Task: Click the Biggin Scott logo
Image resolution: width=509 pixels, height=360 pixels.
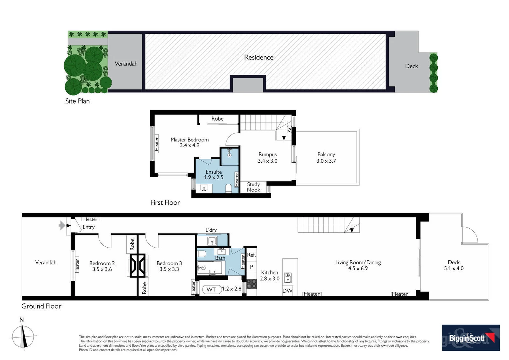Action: pyautogui.click(x=470, y=338)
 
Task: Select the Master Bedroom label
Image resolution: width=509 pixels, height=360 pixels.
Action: pyautogui.click(x=190, y=140)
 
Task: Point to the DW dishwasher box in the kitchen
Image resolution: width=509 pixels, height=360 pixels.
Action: pyautogui.click(x=287, y=291)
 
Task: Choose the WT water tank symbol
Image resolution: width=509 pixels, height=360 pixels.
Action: pyautogui.click(x=211, y=289)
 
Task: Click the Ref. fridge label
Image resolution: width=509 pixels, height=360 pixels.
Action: pyautogui.click(x=251, y=255)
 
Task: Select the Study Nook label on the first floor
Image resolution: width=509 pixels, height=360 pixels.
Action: pyautogui.click(x=254, y=187)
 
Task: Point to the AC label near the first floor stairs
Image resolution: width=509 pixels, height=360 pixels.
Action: pyautogui.click(x=289, y=128)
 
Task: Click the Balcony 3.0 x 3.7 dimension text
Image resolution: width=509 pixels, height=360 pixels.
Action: pyautogui.click(x=326, y=161)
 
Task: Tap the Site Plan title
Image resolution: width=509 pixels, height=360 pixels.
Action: pyautogui.click(x=77, y=101)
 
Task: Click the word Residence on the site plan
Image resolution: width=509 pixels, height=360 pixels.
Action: pyautogui.click(x=258, y=57)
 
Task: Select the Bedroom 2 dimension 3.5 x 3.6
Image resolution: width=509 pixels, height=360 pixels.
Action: pyautogui.click(x=102, y=269)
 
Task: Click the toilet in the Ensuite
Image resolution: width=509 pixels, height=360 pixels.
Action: pyautogui.click(x=229, y=189)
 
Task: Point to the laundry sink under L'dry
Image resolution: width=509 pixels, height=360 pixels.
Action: pyautogui.click(x=212, y=241)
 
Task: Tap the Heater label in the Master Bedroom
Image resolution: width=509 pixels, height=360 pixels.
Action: pyautogui.click(x=157, y=144)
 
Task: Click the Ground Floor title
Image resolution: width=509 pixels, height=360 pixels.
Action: pyautogui.click(x=41, y=306)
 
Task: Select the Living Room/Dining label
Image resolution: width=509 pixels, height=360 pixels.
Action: pyautogui.click(x=358, y=262)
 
